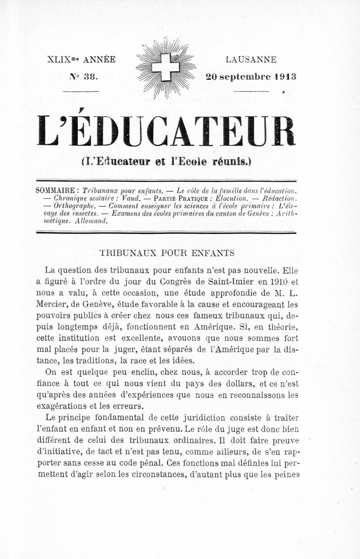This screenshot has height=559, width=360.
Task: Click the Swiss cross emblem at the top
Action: point(166,68)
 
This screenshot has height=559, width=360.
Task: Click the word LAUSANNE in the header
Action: point(251,59)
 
